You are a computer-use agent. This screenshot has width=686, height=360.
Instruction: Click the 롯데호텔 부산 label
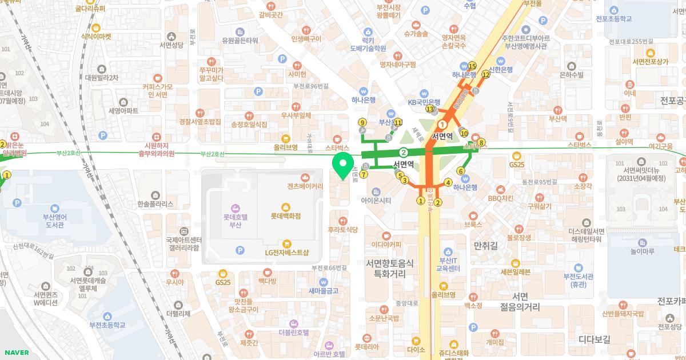(x=236, y=221)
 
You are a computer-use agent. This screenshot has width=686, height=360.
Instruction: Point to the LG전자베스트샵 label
(x=286, y=252)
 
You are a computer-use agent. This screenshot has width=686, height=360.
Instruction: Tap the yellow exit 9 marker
(x=362, y=122)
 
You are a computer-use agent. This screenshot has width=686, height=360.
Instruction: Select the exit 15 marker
(x=472, y=66)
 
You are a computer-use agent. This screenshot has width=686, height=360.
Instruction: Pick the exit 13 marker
(x=429, y=109)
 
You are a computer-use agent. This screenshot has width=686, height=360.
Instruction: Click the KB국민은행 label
(x=424, y=102)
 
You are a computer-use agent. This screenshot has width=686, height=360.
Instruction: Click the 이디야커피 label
(x=386, y=245)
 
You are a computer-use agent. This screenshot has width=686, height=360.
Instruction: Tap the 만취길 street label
(x=486, y=246)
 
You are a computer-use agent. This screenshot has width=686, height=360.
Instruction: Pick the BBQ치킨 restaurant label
(x=501, y=198)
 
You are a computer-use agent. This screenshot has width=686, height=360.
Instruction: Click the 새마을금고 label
(x=324, y=290)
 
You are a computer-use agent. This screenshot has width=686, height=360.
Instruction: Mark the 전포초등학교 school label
(x=628, y=19)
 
